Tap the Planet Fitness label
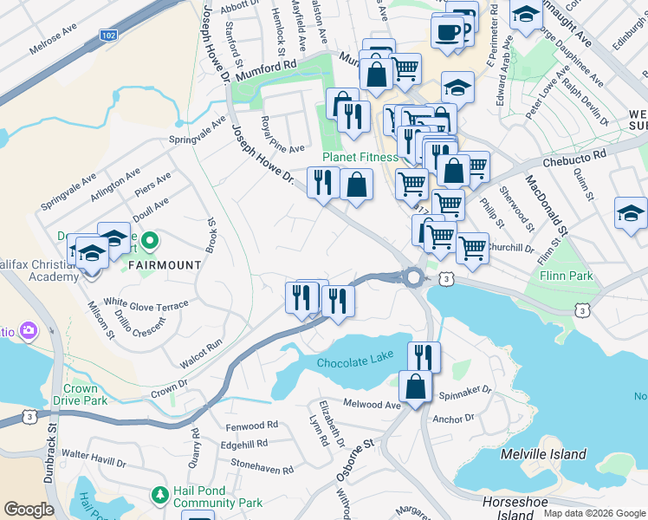coord(360,157)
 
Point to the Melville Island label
coord(543,454)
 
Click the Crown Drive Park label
coord(85,395)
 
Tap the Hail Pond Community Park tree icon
coord(159,495)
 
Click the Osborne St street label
coord(354,456)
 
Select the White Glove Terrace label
coord(146,304)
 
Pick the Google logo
coord(29,510)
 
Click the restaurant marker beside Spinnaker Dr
coord(424,356)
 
